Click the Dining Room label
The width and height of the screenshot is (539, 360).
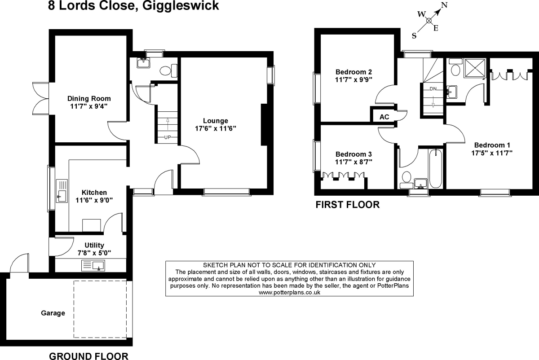click(x=89, y=99)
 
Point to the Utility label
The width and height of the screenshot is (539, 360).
click(x=94, y=245)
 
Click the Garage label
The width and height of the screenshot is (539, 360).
click(x=53, y=313)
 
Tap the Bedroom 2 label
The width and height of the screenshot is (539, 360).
click(x=354, y=72)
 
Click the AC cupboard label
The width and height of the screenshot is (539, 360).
click(x=384, y=117)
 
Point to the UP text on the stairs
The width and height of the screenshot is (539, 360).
click(x=168, y=136)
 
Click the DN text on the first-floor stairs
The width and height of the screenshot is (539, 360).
click(x=433, y=88)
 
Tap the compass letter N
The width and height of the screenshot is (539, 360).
click(x=445, y=5)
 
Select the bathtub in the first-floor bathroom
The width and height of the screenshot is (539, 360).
click(x=436, y=170)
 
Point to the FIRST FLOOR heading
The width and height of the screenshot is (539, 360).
click(x=347, y=205)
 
